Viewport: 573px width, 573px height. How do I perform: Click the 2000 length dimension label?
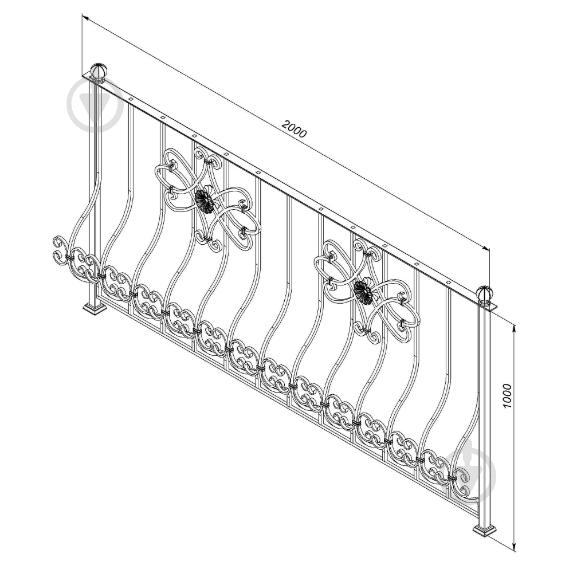(x=295, y=128)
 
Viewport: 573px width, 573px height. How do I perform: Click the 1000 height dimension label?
(x=507, y=396)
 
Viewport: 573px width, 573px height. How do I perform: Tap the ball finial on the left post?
(x=99, y=72)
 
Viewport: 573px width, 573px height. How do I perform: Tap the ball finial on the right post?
(x=485, y=295)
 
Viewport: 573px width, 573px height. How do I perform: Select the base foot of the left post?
(x=95, y=309)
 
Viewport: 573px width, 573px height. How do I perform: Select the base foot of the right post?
(x=485, y=531)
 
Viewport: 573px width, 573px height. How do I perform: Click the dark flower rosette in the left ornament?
(x=205, y=199)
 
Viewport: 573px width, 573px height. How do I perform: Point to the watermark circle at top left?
(x=95, y=104)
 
